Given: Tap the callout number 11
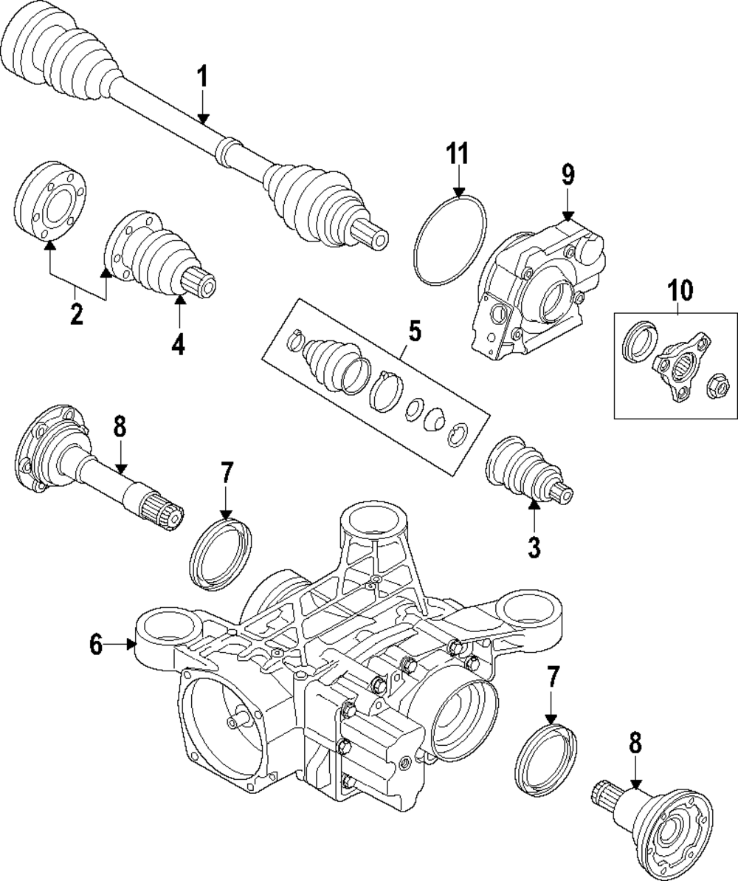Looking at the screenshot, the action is pyautogui.click(x=457, y=153).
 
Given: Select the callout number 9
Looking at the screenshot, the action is pyautogui.click(x=568, y=175).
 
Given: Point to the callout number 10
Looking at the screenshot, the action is pyautogui.click(x=680, y=290).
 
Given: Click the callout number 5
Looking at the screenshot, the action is pyautogui.click(x=415, y=331).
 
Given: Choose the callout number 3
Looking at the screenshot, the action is pyautogui.click(x=534, y=546).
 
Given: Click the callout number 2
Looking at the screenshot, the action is pyautogui.click(x=76, y=314).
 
